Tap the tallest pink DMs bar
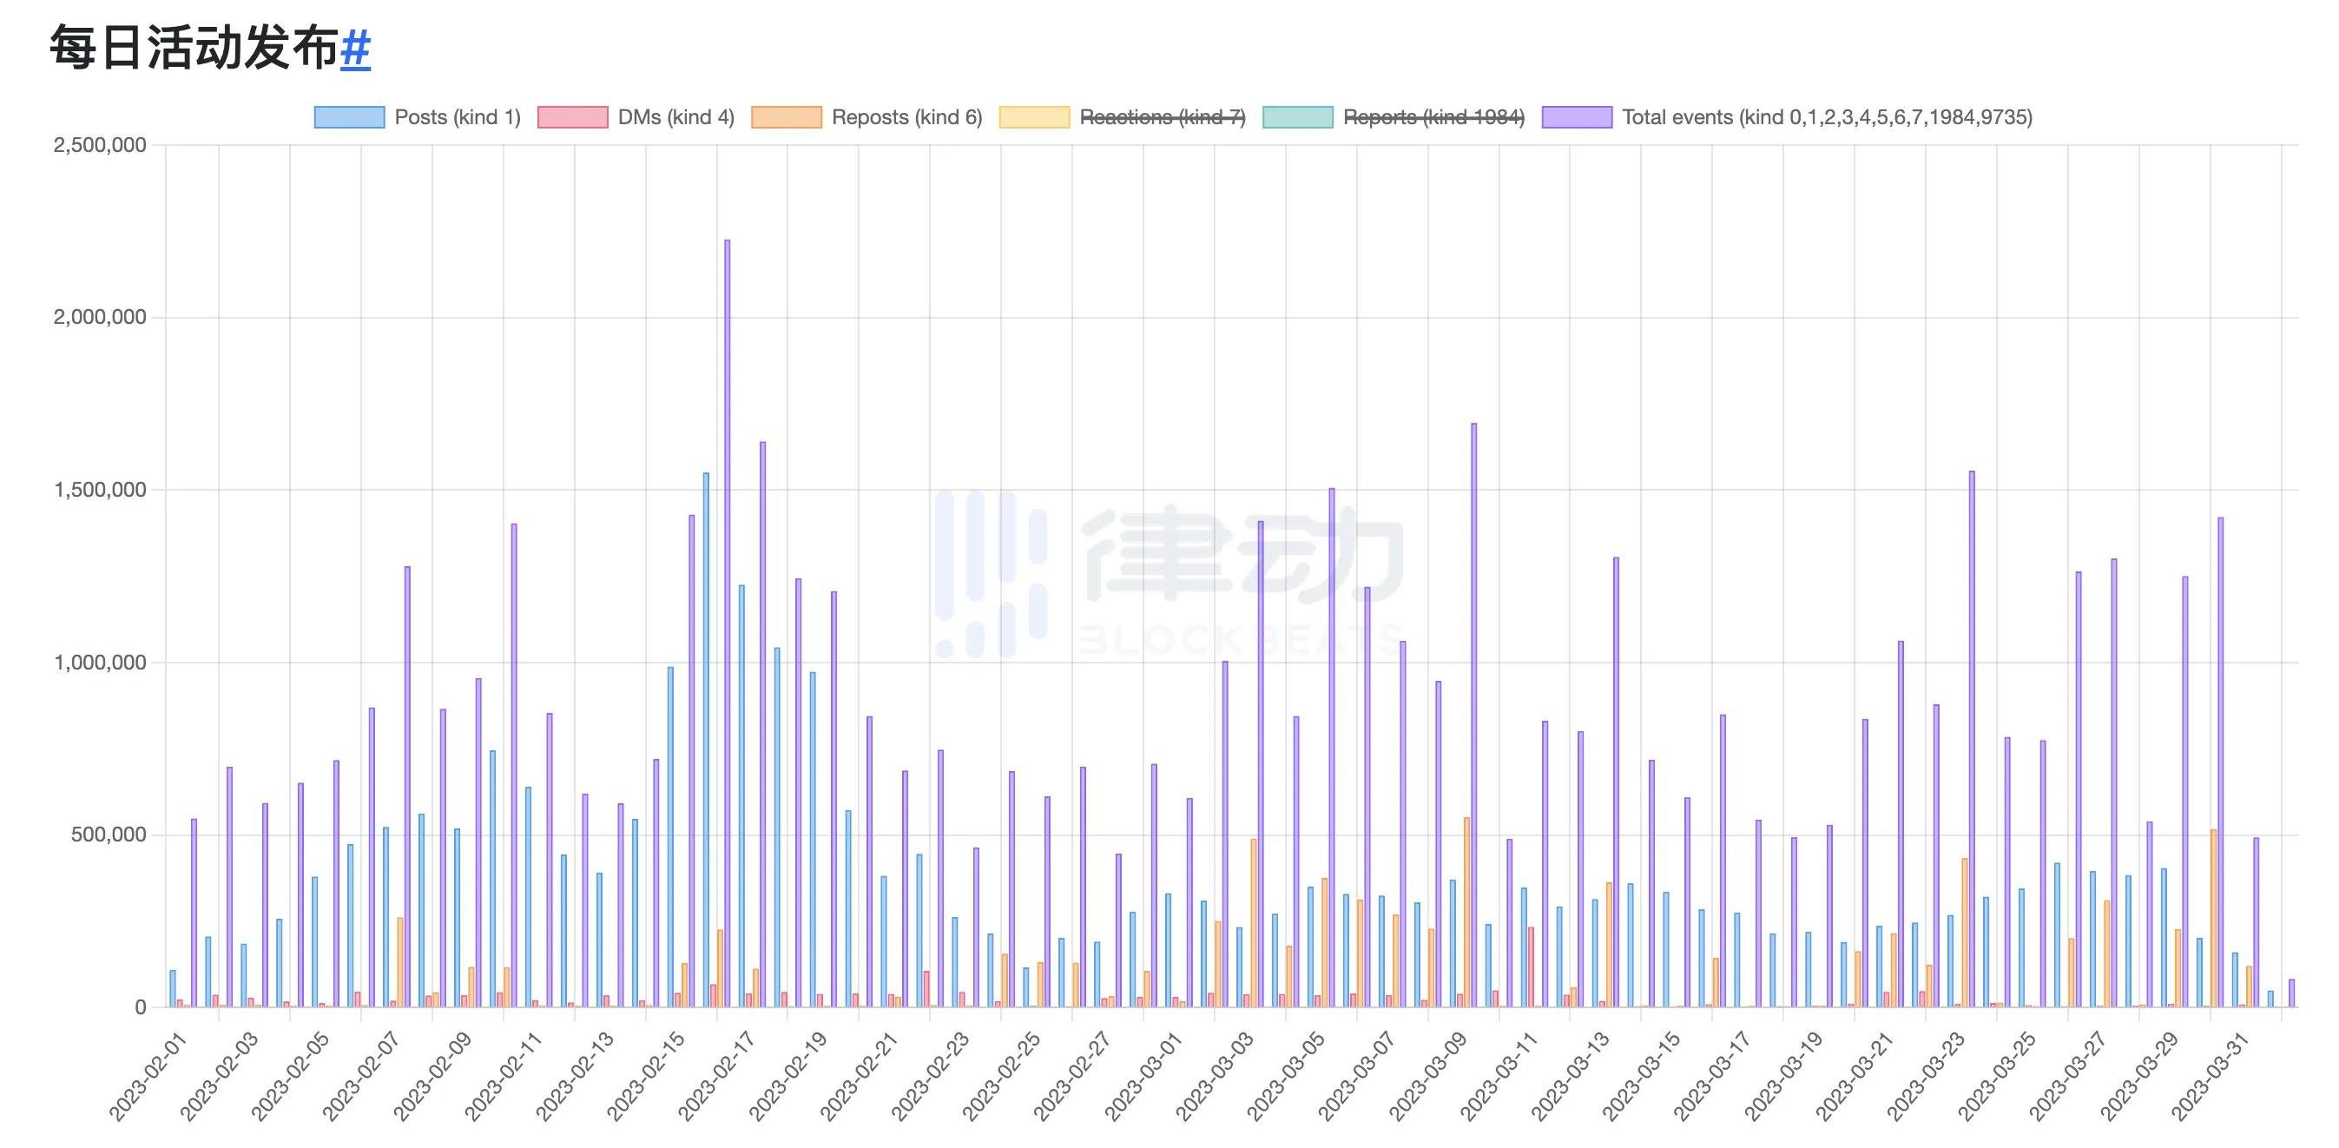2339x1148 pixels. (x=1531, y=967)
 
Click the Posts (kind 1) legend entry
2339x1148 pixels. (x=418, y=117)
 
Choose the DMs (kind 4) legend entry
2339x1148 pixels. (x=636, y=117)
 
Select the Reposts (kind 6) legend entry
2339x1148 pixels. (x=867, y=117)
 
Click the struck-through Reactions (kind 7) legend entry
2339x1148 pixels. (x=1123, y=117)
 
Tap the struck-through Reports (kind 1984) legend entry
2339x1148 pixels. (x=1394, y=117)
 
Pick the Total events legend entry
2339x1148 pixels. (x=1787, y=117)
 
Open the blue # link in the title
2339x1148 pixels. (x=355, y=48)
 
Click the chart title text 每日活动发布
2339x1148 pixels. (x=194, y=48)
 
